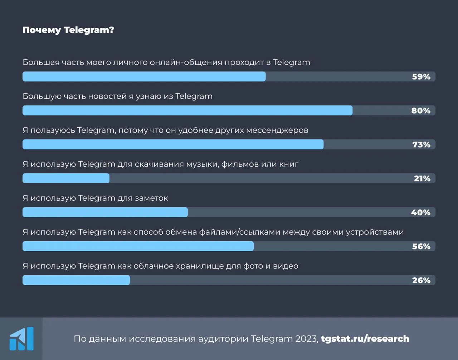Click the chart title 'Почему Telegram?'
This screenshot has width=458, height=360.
point(68,30)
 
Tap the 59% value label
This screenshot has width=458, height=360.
point(421,77)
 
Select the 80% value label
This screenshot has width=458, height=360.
point(421,111)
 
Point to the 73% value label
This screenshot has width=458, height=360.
point(421,144)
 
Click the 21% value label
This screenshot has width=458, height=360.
point(422,178)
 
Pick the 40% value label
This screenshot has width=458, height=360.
point(421,212)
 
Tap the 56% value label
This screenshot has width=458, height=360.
point(421,246)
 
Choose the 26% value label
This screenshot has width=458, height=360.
point(421,280)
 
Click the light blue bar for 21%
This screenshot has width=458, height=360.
point(66,178)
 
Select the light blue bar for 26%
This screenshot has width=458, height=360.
point(76,280)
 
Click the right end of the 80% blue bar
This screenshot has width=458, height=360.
point(352,111)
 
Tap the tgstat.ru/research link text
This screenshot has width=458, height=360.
point(365,339)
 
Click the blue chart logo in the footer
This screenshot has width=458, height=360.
point(21,339)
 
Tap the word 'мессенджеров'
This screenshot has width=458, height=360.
point(277,131)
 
